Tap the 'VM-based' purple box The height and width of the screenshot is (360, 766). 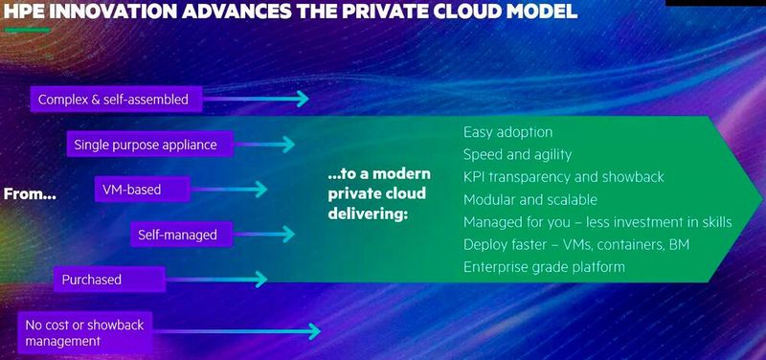point(133,189)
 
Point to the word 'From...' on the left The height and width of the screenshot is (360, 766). point(31,192)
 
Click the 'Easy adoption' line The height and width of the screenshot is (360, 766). point(507,132)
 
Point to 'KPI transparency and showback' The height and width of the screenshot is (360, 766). point(563,177)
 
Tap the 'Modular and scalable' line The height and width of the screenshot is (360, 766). point(529,199)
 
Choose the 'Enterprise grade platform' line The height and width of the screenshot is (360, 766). point(544,266)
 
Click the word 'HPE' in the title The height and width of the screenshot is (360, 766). point(27,12)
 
